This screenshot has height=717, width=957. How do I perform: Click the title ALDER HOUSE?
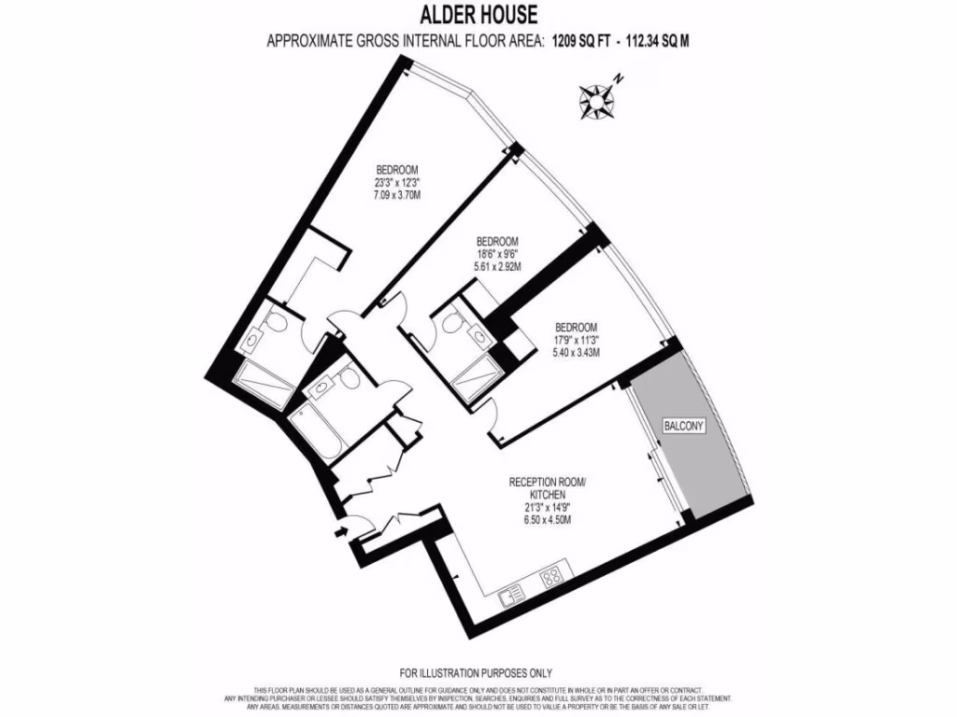point(478,15)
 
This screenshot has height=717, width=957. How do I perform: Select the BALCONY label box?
point(684,426)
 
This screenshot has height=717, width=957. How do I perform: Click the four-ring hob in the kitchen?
point(551,576)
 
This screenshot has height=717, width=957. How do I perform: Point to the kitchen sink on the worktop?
point(511,595)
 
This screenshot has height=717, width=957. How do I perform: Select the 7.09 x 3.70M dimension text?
point(396,196)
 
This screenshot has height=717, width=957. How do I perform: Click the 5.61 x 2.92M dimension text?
point(496,266)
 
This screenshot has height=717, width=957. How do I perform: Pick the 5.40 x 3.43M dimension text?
point(576,353)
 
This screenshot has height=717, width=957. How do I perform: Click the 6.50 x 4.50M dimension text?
point(546,520)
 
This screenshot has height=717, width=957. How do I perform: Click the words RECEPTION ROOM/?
point(547,482)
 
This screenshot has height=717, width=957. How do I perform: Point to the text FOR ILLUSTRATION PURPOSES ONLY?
point(476,672)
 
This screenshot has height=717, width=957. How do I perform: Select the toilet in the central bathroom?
point(347,377)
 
